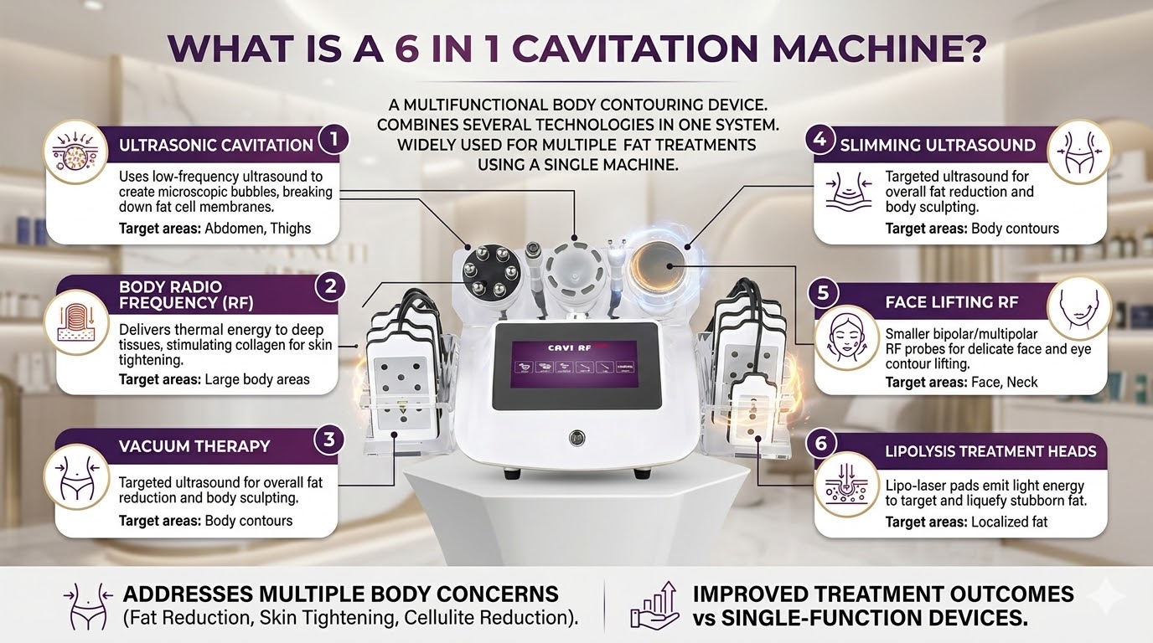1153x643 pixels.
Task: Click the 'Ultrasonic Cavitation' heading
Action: pyautogui.click(x=216, y=145)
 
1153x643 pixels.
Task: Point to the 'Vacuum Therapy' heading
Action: pyautogui.click(x=194, y=446)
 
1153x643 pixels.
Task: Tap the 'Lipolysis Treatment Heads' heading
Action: pyautogui.click(x=990, y=451)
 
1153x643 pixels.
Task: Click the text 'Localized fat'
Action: pyautogui.click(x=1009, y=522)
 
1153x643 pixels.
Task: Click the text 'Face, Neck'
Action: pyautogui.click(x=1004, y=382)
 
